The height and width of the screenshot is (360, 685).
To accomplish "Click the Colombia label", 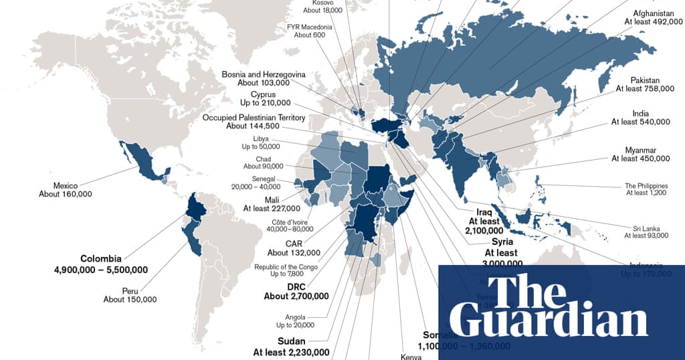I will coord(101,258).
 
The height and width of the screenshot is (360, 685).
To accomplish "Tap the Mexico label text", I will coord(66,185).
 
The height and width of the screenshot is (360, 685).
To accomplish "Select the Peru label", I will coord(130,290).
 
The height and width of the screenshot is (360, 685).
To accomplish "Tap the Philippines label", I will coord(647,185).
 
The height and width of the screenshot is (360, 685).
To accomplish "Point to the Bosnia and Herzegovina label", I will coord(264,74).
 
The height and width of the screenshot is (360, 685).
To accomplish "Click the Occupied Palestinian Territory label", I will coord(254,118).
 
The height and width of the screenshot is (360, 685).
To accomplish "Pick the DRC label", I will coord(296,286).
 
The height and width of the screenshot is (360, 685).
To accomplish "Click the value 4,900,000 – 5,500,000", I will coord(101,270).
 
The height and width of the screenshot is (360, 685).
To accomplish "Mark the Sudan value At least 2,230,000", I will coord(291,352).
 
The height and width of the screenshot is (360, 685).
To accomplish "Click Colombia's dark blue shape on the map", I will coord(194,207).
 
